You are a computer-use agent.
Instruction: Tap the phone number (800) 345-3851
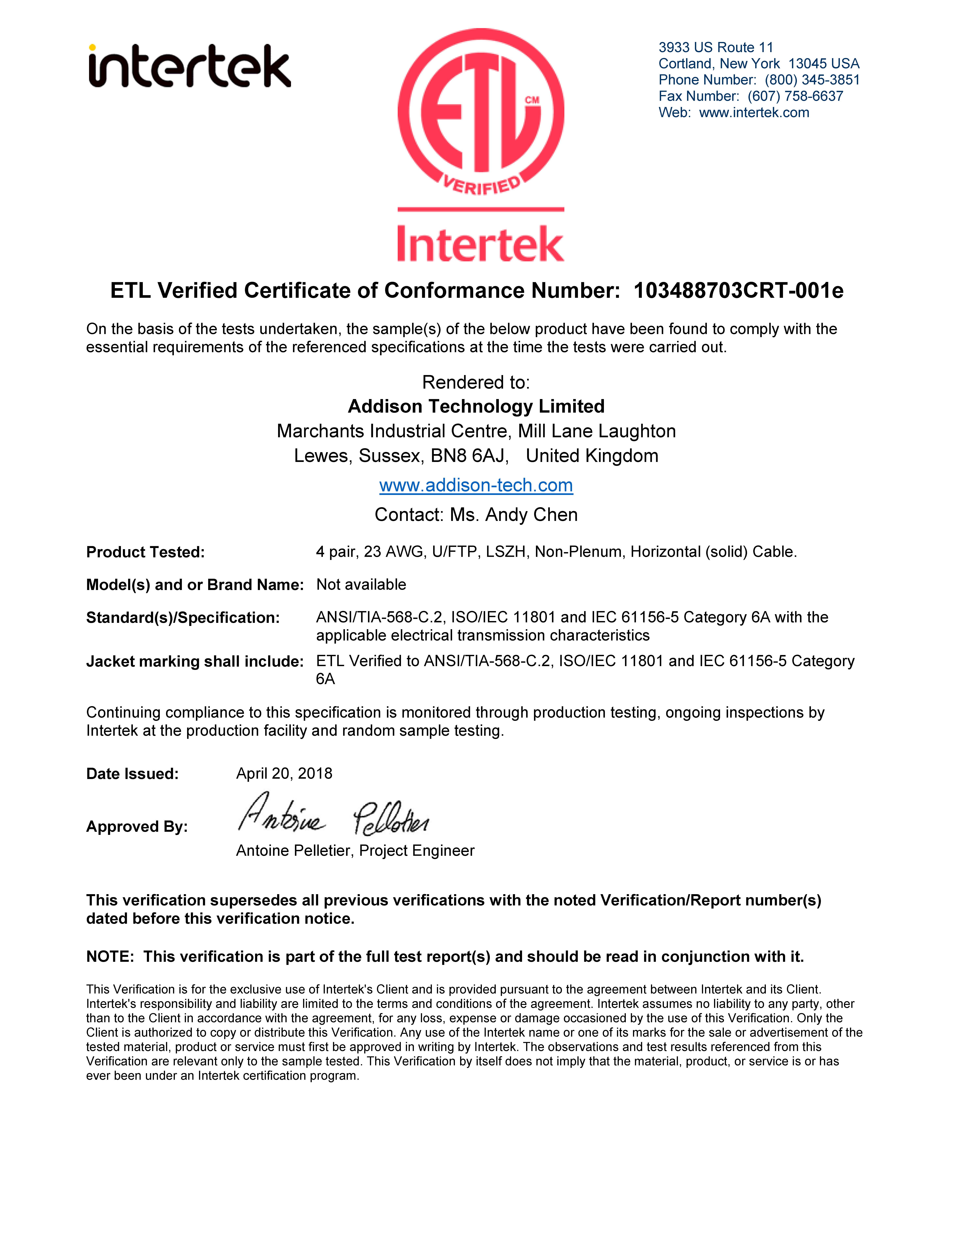812,80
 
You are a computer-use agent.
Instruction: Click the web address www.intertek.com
754,113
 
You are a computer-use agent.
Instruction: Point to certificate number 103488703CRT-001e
738,291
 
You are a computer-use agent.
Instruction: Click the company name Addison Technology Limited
476,406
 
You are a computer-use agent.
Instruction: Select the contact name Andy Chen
531,515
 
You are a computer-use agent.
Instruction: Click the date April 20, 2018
284,774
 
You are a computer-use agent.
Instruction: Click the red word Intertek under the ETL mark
481,244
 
